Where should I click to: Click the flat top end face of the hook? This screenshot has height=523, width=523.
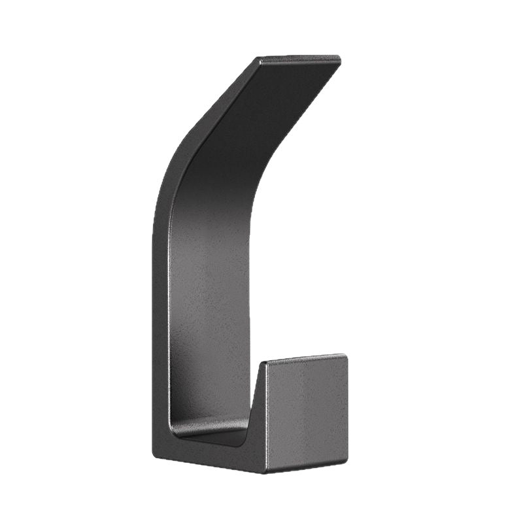click(299, 60)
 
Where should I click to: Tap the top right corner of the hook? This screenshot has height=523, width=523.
click(340, 58)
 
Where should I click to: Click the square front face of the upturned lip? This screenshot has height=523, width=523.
click(306, 412)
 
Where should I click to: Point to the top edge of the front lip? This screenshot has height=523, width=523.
click(304, 359)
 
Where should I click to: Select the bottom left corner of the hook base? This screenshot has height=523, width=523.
click(154, 454)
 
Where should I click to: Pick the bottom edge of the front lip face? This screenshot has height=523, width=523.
click(306, 467)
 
